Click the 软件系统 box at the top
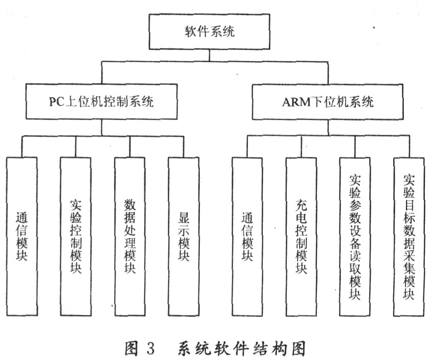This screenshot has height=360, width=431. [209, 32]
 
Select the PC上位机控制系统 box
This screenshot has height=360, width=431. [101, 101]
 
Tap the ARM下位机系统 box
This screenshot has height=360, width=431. [328, 102]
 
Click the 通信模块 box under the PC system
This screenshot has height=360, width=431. [21, 237]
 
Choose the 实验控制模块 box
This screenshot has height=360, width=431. [76, 237]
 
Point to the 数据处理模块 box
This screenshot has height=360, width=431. [130, 237]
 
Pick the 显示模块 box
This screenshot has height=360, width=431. [184, 237]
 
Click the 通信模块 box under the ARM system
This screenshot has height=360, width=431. [247, 237]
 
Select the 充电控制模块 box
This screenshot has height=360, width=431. [301, 237]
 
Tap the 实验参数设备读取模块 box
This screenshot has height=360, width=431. [355, 237]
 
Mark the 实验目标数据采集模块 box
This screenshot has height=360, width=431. [409, 237]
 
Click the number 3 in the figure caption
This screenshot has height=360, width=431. [151, 348]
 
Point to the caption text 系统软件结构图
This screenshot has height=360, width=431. [241, 348]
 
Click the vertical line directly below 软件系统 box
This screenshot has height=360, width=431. [210, 56]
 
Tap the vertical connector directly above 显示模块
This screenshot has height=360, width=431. [184, 147]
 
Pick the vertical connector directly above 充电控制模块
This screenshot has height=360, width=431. [301, 147]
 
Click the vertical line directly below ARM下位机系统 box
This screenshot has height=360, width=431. [328, 127]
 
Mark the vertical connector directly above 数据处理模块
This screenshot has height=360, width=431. [130, 147]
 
